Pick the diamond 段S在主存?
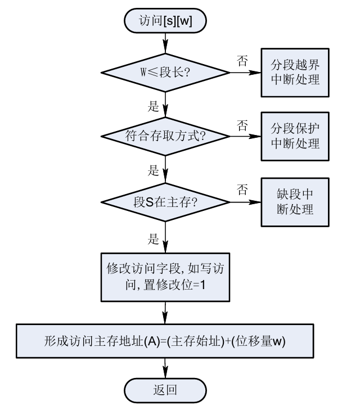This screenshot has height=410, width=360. [x=165, y=201]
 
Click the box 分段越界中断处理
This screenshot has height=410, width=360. [x=296, y=71]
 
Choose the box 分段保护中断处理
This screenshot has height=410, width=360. [x=296, y=134]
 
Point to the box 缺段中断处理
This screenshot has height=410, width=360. [x=296, y=201]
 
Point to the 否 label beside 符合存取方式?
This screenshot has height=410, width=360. [x=242, y=124]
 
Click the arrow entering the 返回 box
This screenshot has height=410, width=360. [x=165, y=369]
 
